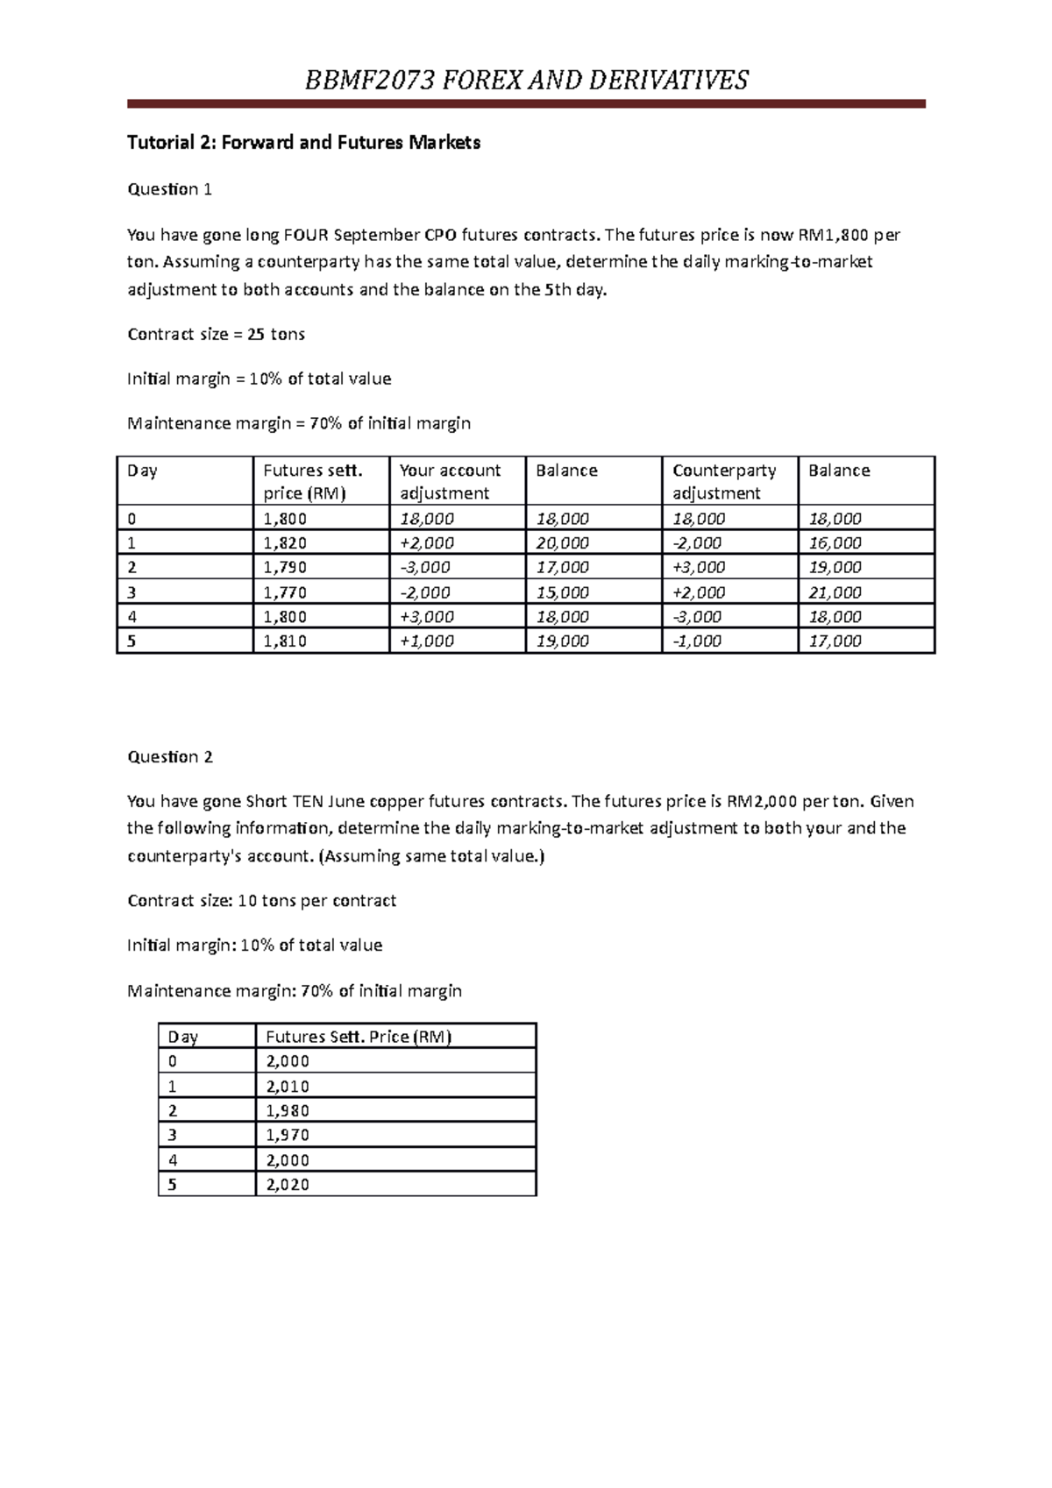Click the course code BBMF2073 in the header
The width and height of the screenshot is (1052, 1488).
tap(369, 81)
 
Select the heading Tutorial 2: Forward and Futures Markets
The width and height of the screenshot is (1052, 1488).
tap(303, 143)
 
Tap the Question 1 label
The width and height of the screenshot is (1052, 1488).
tap(169, 189)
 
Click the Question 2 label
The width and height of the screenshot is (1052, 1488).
tap(169, 757)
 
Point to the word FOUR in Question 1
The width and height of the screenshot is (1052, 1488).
tap(306, 235)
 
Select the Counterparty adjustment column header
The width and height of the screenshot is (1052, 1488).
tap(724, 481)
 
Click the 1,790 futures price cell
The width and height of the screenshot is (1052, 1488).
tap(285, 567)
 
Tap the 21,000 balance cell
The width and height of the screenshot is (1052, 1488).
tap(835, 592)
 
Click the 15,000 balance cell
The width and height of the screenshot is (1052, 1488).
tap(562, 592)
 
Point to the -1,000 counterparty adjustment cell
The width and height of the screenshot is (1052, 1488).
tap(697, 641)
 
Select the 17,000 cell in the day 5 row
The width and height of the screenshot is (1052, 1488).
tap(835, 641)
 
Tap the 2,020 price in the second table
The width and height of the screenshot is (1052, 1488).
tap(288, 1185)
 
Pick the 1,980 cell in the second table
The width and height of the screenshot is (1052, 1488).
tap(288, 1110)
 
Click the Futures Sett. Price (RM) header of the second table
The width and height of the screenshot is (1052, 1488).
tap(359, 1037)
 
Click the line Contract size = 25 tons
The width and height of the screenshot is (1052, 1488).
tap(216, 334)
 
